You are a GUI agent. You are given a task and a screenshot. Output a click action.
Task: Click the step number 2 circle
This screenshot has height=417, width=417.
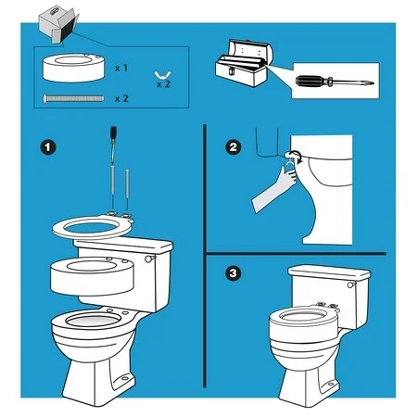[x=233, y=147]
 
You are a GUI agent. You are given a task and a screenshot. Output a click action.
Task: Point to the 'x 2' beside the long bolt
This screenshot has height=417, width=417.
[x=120, y=97]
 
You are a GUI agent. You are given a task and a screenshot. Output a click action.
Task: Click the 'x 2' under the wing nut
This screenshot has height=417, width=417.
[x=163, y=83]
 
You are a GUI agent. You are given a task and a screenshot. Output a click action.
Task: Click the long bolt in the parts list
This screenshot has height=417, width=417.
[x=74, y=97]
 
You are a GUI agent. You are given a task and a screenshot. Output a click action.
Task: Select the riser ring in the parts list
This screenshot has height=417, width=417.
[x=73, y=69]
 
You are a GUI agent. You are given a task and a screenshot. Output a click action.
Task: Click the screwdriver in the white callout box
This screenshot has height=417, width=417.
[x=329, y=81]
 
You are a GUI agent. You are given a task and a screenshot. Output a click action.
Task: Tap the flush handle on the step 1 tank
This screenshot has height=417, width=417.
[x=148, y=259]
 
